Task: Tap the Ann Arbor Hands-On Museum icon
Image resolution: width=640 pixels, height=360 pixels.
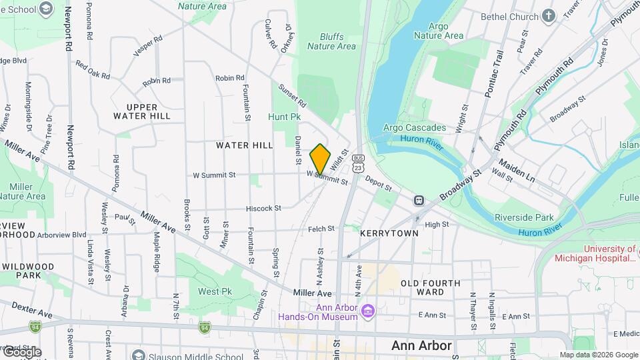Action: (x=367, y=311)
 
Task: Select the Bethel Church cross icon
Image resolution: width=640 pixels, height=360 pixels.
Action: (x=548, y=16)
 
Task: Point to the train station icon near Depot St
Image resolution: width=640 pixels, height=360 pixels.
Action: (x=419, y=200)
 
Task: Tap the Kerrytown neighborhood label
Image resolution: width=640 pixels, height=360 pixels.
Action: (x=389, y=234)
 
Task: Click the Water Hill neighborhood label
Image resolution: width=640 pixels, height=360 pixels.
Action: (x=244, y=145)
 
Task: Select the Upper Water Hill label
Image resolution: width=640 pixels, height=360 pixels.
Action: (x=142, y=111)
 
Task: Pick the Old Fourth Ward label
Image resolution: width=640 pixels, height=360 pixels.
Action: (x=431, y=287)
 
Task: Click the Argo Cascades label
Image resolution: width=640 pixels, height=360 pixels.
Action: (x=414, y=127)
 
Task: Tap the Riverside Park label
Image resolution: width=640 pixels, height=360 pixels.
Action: (x=524, y=217)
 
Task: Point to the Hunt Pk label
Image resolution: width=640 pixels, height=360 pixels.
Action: (x=285, y=117)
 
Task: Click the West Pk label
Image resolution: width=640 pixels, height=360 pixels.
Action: (x=215, y=291)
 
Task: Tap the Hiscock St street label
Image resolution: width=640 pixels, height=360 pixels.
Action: (x=264, y=209)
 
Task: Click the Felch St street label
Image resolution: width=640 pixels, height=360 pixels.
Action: (x=321, y=229)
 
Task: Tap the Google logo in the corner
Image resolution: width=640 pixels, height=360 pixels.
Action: (x=21, y=352)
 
